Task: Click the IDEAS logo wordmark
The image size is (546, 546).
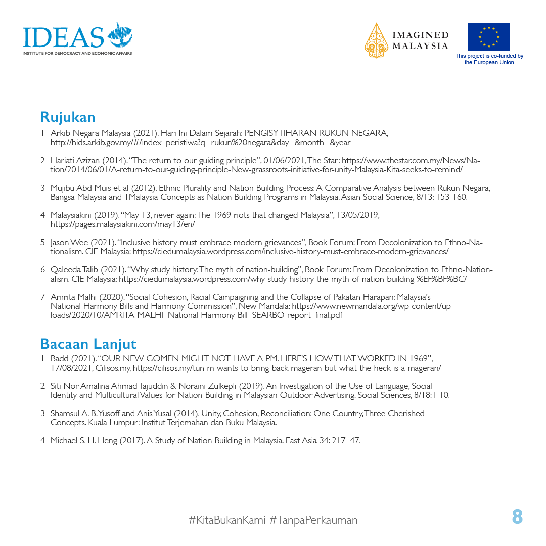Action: click(63, 36)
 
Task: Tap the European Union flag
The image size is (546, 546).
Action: click(488, 36)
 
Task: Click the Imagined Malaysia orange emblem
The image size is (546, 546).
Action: click(376, 40)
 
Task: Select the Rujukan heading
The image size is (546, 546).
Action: click(68, 117)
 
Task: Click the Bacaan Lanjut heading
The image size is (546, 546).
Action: click(88, 344)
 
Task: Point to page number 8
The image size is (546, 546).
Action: click(517, 517)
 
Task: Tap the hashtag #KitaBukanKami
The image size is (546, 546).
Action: click(226, 520)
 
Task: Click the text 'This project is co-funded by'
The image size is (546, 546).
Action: click(489, 56)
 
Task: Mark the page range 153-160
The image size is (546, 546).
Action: click(451, 197)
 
